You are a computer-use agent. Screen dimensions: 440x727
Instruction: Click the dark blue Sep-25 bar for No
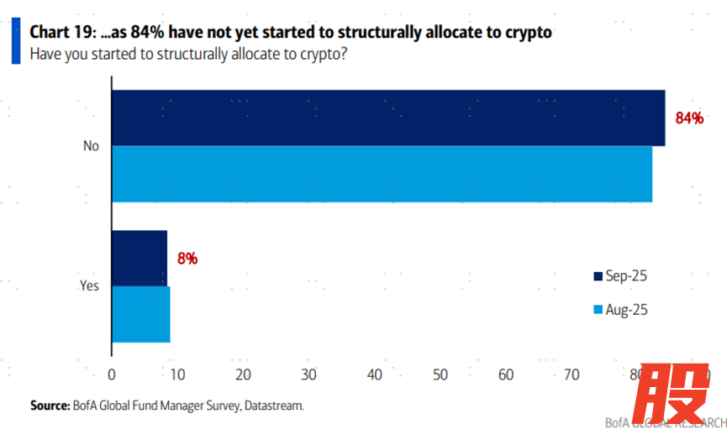pyautogui.click(x=387, y=118)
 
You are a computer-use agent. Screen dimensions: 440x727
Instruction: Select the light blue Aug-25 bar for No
pyautogui.click(x=382, y=174)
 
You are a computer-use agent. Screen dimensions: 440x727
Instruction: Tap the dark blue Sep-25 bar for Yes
pyautogui.click(x=140, y=258)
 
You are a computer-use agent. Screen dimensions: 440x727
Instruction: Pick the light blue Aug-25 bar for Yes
pyautogui.click(x=141, y=314)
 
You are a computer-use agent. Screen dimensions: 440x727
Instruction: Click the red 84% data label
pyautogui.click(x=689, y=118)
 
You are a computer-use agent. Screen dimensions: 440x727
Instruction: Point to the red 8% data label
pyautogui.click(x=187, y=259)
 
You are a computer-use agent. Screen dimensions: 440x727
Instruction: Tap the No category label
pyautogui.click(x=91, y=146)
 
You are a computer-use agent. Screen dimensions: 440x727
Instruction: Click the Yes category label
pyautogui.click(x=89, y=286)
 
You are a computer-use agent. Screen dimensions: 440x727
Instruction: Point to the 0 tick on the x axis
pyautogui.click(x=112, y=374)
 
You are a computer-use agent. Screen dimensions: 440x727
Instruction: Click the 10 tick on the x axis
pyautogui.click(x=177, y=374)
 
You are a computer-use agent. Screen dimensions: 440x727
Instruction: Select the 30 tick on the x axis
pyautogui.click(x=308, y=374)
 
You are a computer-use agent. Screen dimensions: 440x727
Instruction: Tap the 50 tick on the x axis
pyautogui.click(x=440, y=374)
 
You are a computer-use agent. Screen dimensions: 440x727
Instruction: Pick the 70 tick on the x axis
pyautogui.click(x=572, y=374)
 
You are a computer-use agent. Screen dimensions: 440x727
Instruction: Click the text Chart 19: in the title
pyautogui.click(x=61, y=33)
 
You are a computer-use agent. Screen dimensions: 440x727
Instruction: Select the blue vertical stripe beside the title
pyautogui.click(x=15, y=42)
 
